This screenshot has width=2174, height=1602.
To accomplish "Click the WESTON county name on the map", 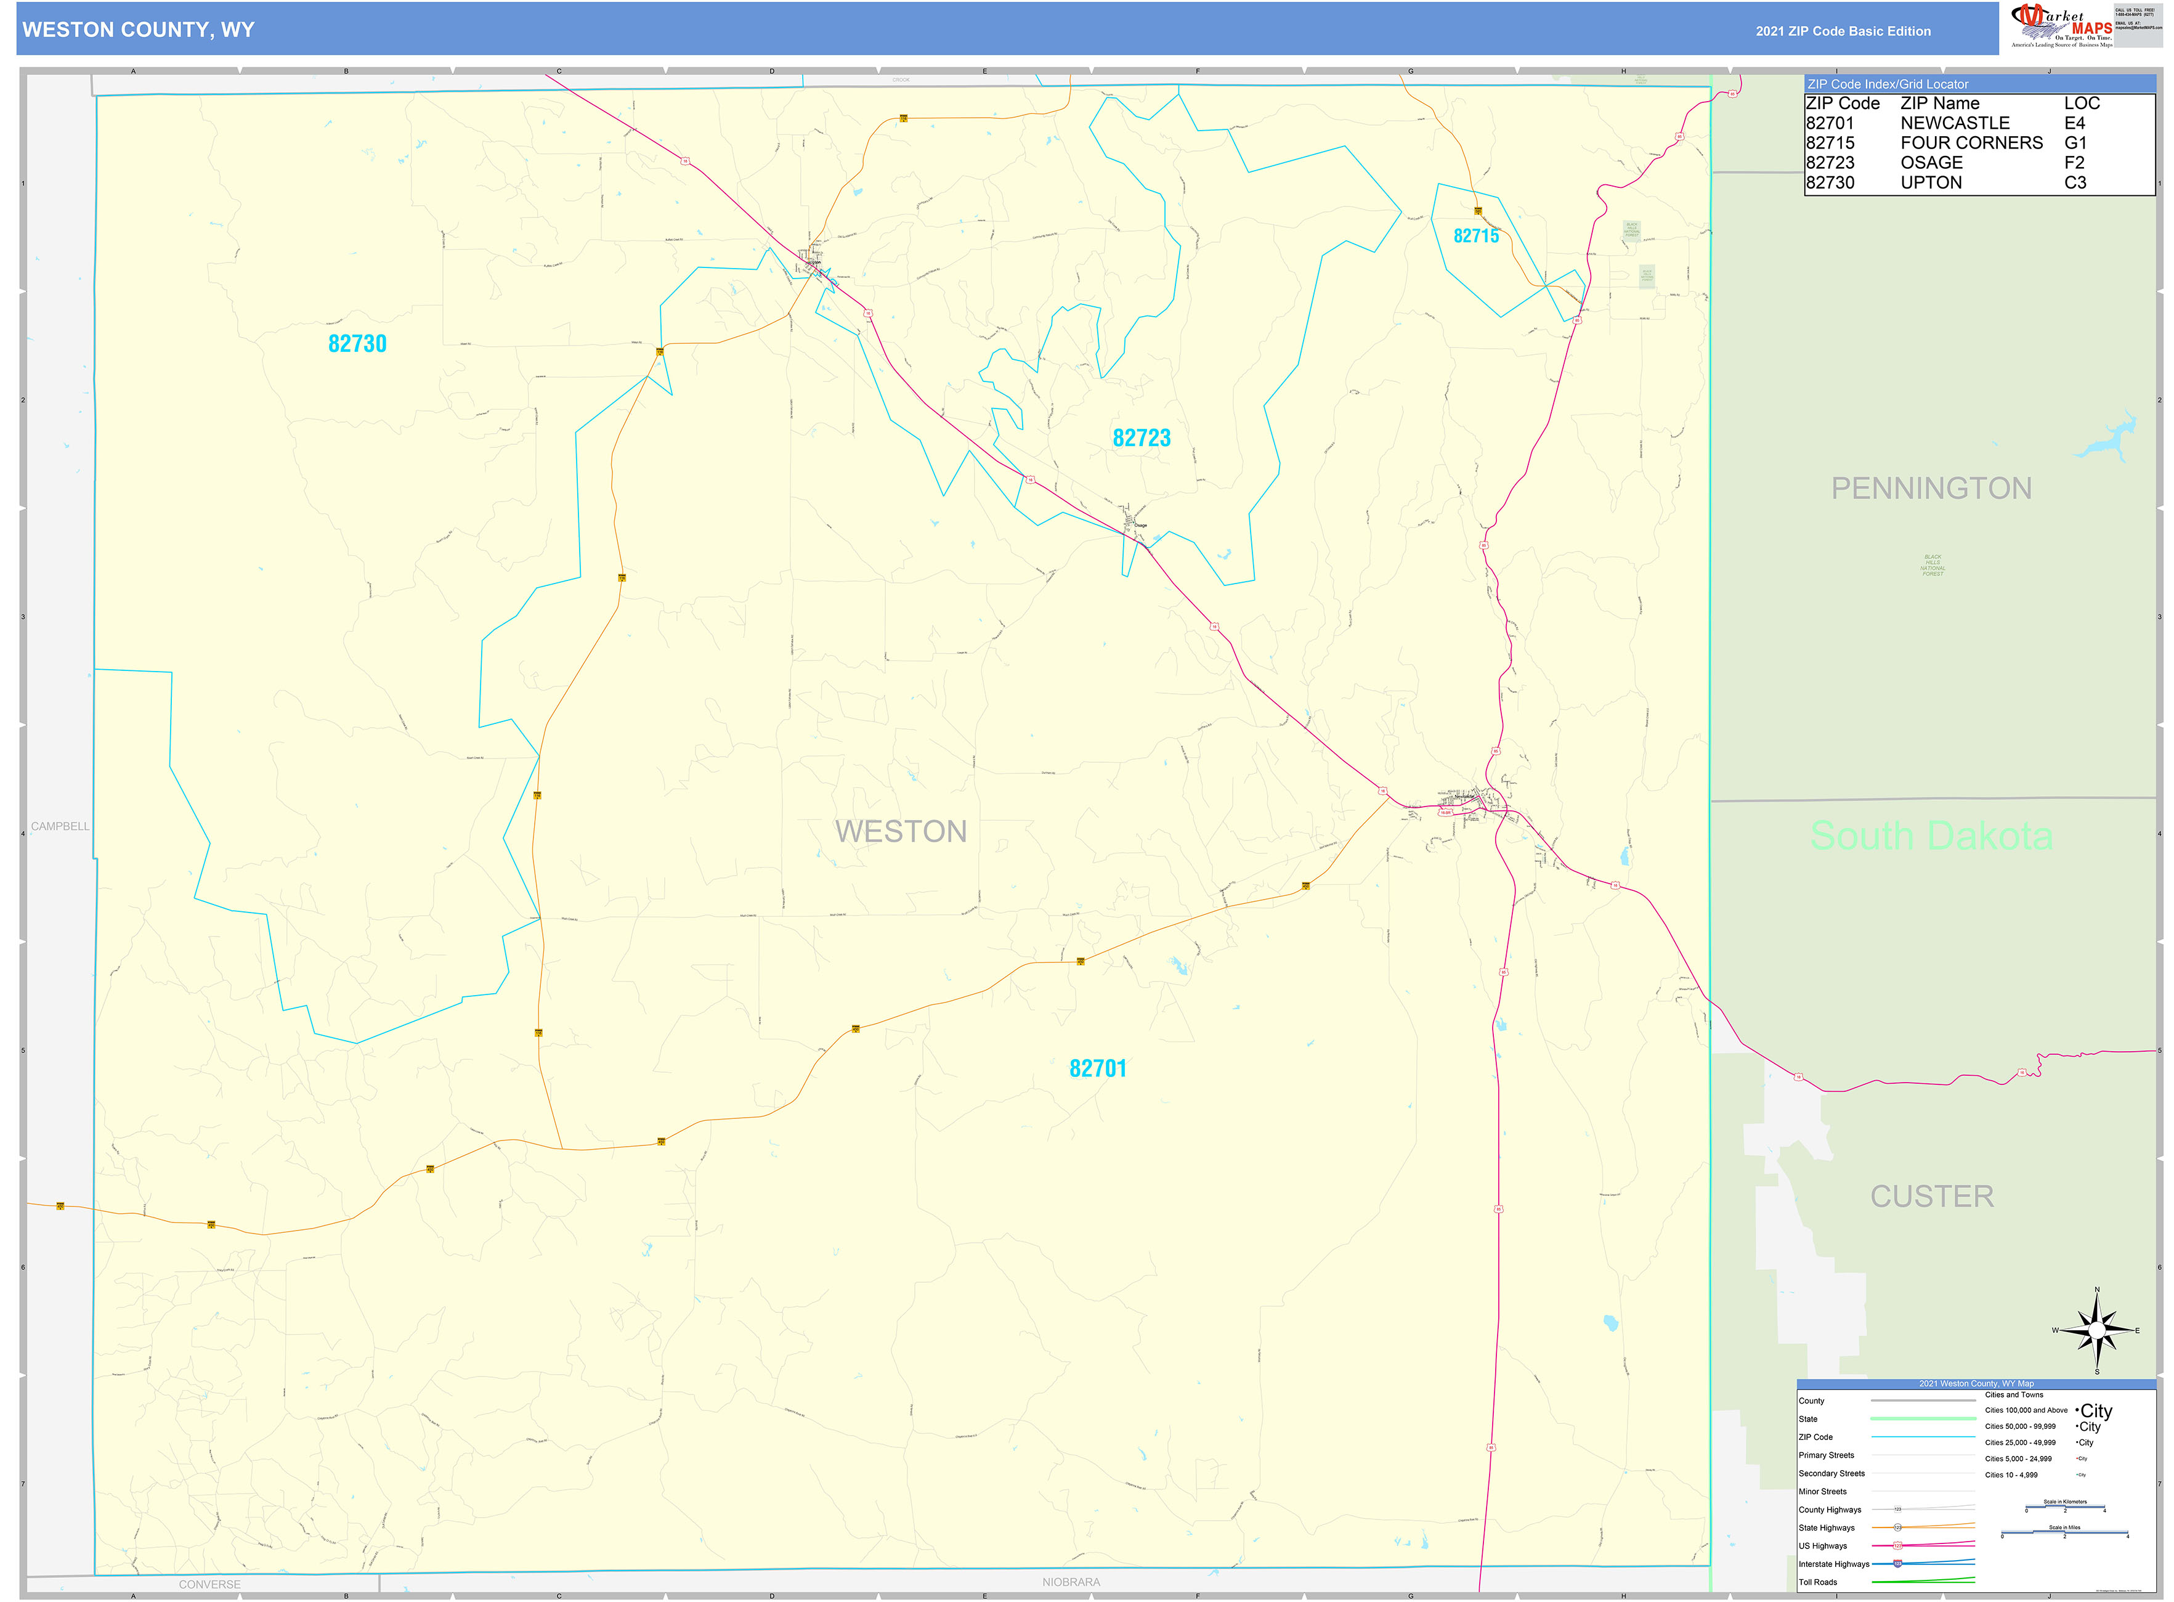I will coord(900,832).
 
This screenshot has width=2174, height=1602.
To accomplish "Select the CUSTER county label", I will coord(1931,1197).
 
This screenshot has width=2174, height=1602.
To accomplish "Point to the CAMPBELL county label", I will coord(60,826).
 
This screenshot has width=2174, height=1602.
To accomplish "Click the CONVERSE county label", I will coord(209,1584).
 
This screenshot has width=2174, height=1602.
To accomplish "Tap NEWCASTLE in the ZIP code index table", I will coord(1954,123).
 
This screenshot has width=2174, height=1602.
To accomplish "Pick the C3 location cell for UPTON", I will coord(2074,182).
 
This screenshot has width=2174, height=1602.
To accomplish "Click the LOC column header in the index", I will coord(2081,104).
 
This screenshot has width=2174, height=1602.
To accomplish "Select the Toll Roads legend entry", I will coord(1817,1582).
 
